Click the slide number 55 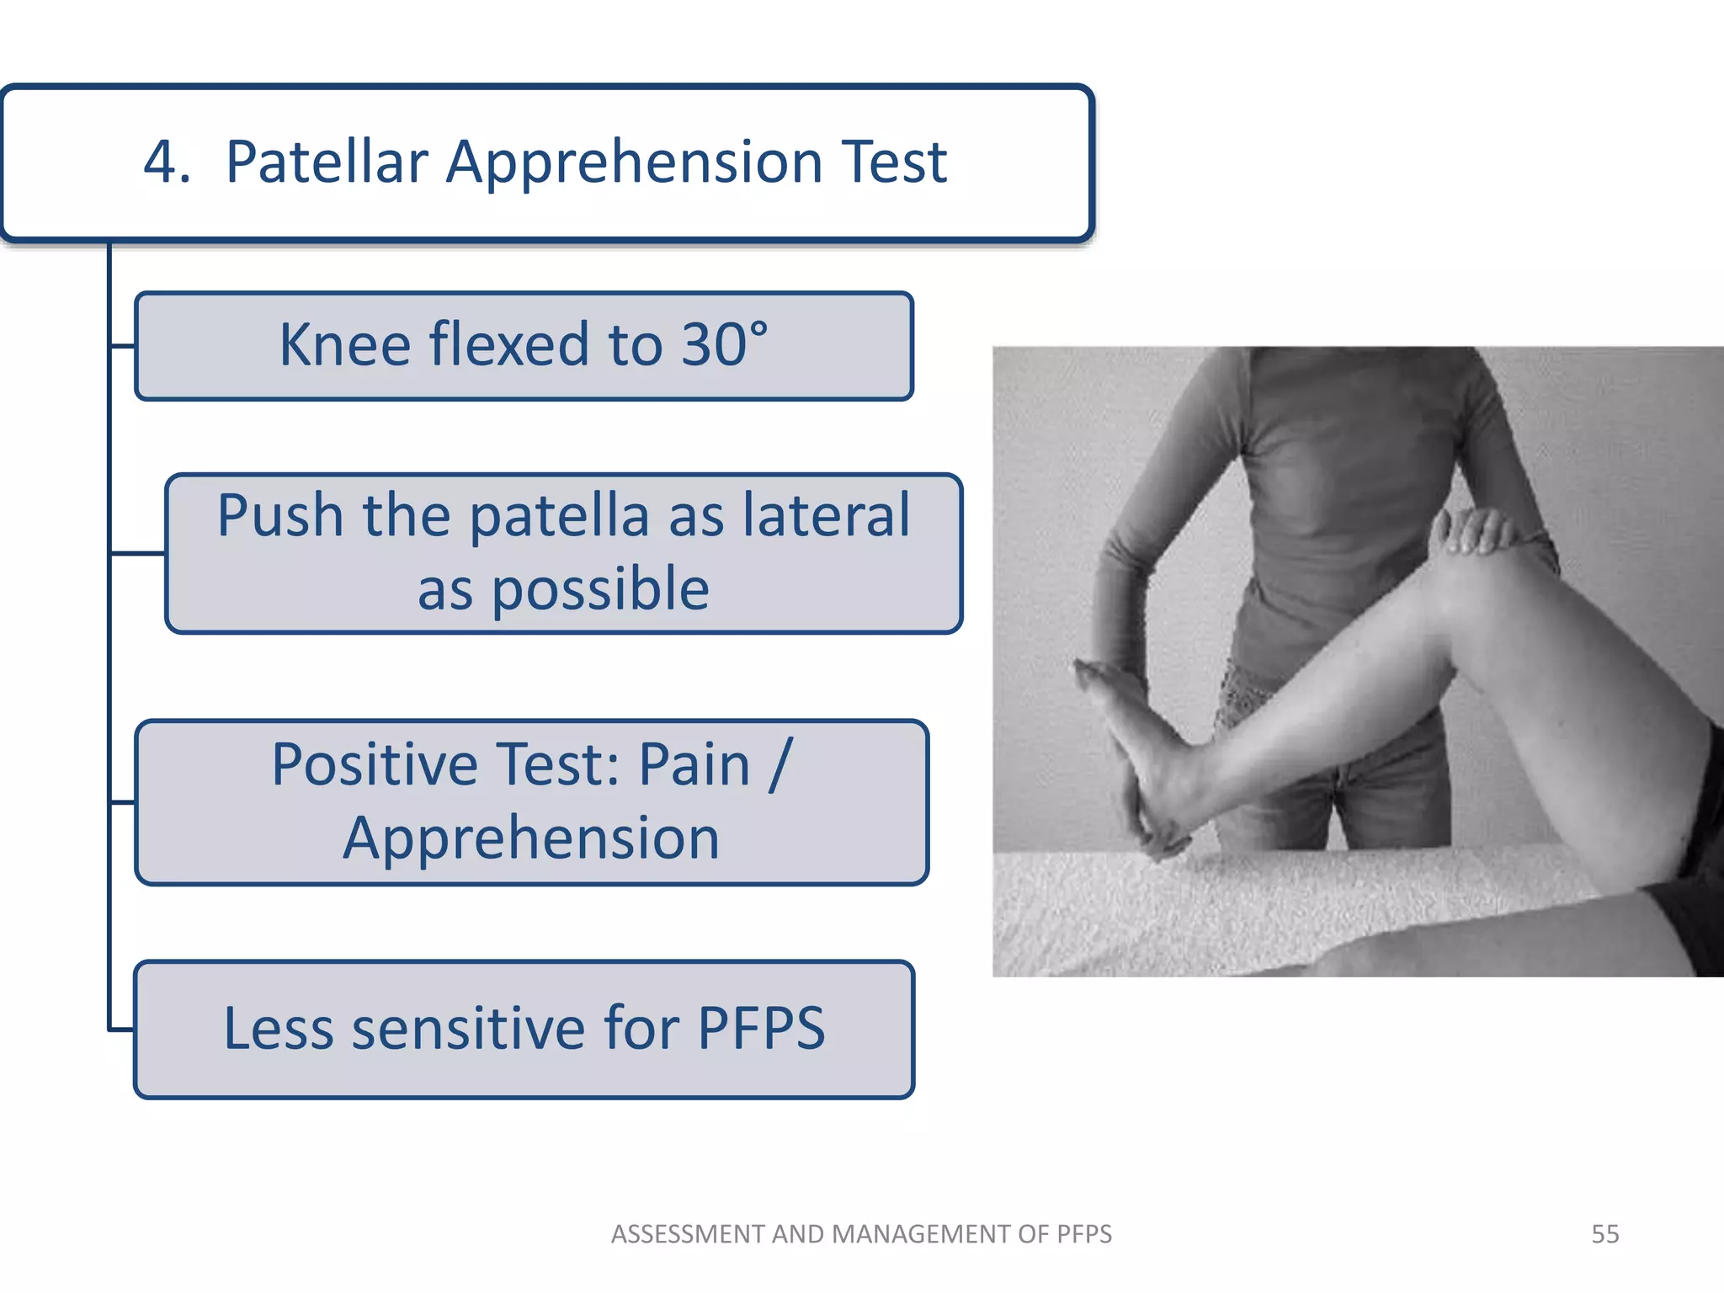point(1604,1234)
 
